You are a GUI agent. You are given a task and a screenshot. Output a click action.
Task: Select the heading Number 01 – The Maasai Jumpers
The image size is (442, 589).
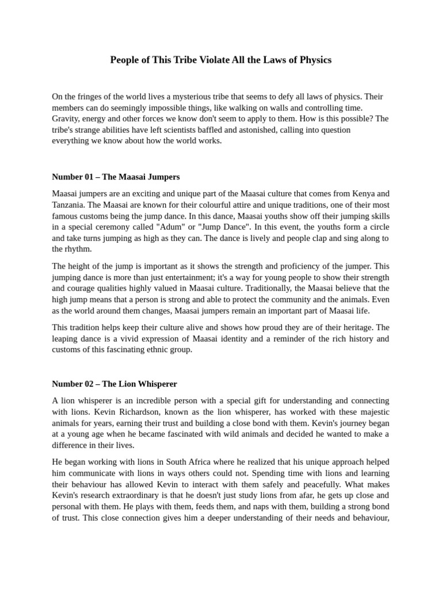(x=116, y=177)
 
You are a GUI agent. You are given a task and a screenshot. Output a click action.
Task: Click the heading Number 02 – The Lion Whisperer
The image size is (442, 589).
(x=115, y=384)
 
